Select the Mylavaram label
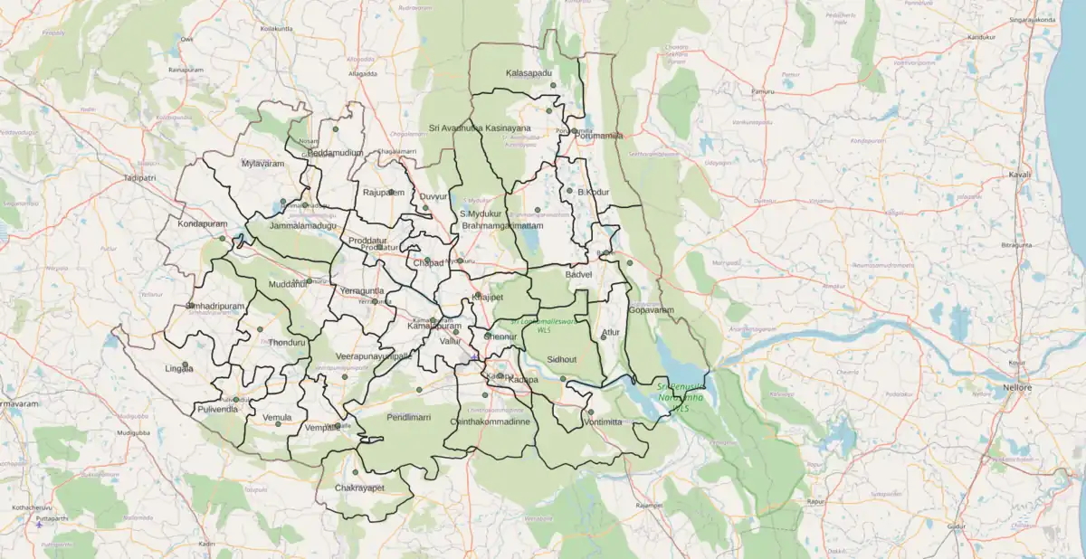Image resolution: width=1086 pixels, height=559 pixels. pos(262,164)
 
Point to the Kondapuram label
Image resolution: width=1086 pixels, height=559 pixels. pos(202,223)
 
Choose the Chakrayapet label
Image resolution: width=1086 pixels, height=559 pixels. pos(359,488)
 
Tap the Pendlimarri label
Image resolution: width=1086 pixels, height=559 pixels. pos(408,418)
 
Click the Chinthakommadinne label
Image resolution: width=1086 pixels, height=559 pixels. pos(490,422)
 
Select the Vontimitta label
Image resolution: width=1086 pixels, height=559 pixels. pos(603,422)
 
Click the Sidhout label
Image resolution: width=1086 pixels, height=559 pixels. pos(562,359)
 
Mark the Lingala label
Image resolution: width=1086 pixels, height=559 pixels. pos(179,369)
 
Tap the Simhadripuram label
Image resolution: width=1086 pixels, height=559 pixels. pos(214,307)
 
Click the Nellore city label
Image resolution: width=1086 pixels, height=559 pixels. pos(1016,388)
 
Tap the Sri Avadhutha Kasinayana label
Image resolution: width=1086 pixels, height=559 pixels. pos(480,128)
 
